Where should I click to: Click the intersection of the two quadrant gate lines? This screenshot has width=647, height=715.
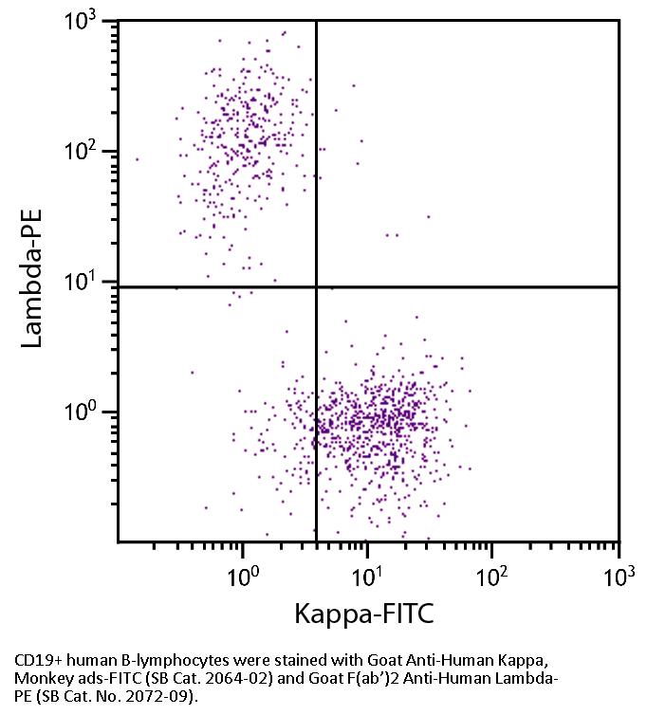(316, 286)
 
